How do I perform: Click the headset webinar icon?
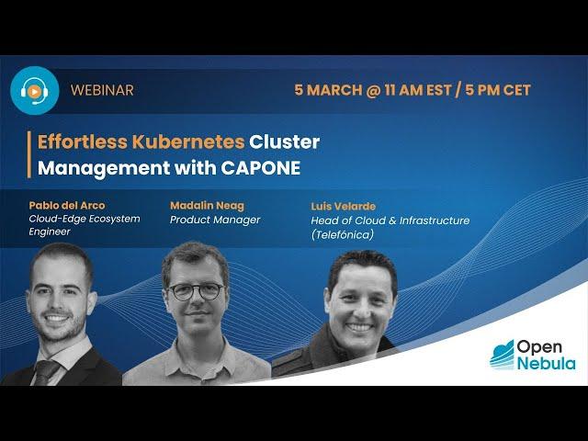(x=35, y=90)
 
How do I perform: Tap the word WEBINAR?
(x=102, y=90)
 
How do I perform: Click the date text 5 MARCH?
(x=329, y=90)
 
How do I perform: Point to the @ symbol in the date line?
(x=374, y=90)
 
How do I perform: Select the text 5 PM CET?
(x=498, y=90)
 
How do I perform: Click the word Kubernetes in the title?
(x=188, y=141)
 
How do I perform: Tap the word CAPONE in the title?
(x=261, y=167)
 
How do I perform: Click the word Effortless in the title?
(x=83, y=141)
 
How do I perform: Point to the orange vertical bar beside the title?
(x=28, y=154)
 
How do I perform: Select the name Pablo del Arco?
(x=67, y=206)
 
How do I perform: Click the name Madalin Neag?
(x=207, y=206)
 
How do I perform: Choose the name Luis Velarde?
(x=343, y=206)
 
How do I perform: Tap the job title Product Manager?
(x=215, y=220)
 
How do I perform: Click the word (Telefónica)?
(x=343, y=235)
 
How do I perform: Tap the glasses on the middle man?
(x=196, y=291)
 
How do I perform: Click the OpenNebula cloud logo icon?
(x=503, y=355)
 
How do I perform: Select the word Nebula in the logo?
(x=547, y=363)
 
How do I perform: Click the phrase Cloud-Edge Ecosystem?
(x=85, y=219)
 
